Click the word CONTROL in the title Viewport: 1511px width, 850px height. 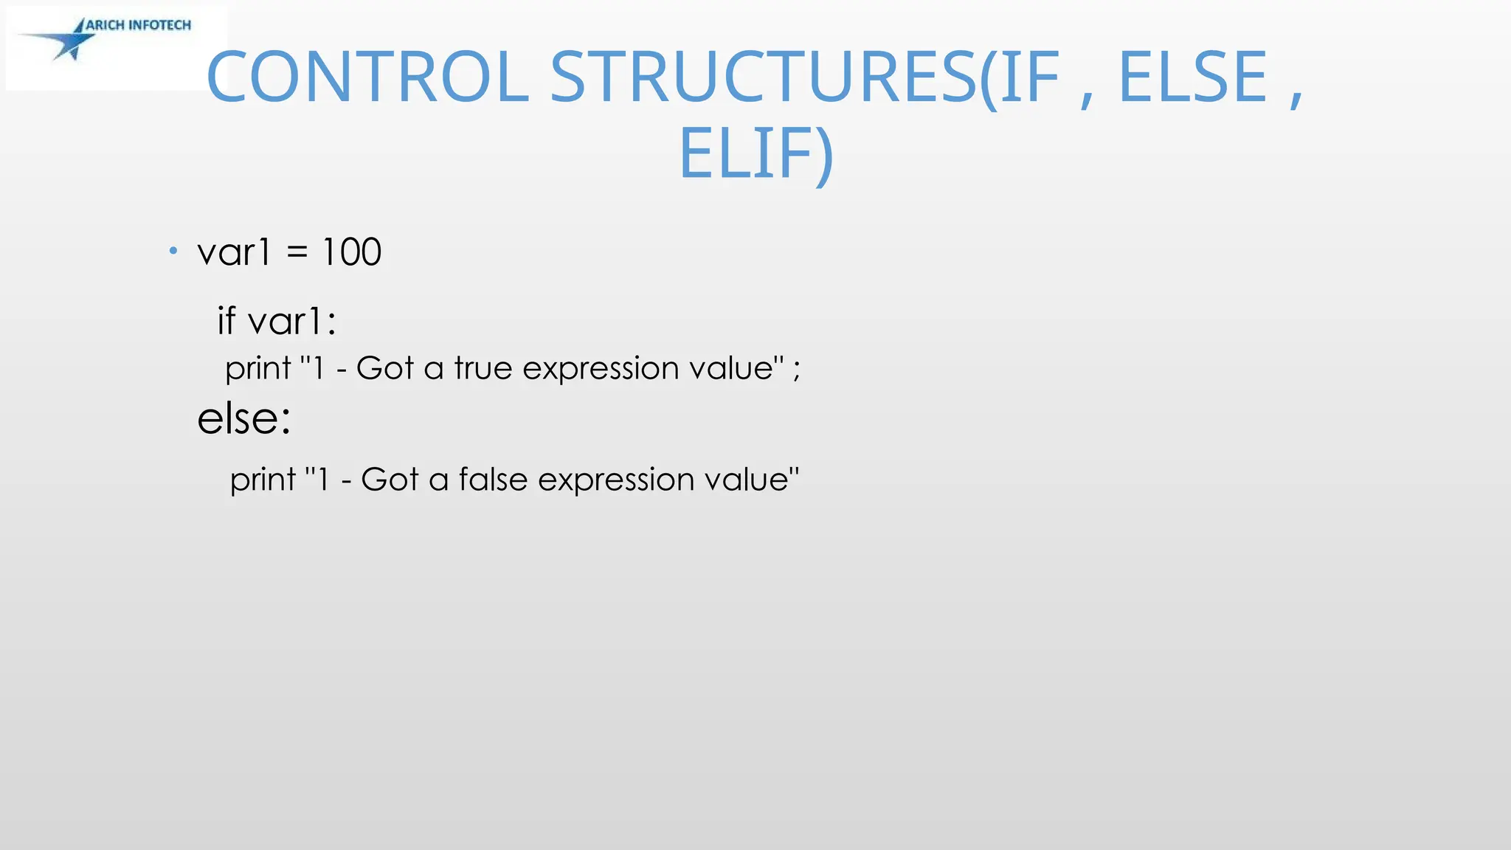tap(367, 77)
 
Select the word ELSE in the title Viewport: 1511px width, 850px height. tap(1192, 77)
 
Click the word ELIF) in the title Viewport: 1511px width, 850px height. tap(755, 154)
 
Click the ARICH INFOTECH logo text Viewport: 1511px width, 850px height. tap(138, 25)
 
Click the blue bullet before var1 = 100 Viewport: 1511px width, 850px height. tap(173, 252)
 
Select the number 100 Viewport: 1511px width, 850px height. tap(352, 252)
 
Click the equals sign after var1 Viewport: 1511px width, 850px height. tap(297, 252)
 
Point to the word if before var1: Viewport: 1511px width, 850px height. tap(226, 321)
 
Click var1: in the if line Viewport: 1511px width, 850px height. tap(292, 322)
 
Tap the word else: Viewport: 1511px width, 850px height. tap(244, 418)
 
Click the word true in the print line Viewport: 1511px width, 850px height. tap(483, 367)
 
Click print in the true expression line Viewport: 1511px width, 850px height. tap(258, 369)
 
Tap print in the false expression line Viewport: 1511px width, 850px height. tap(263, 480)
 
